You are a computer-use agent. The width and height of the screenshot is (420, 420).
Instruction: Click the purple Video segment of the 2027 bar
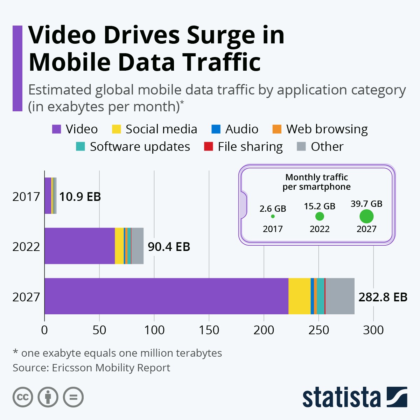coord(166,296)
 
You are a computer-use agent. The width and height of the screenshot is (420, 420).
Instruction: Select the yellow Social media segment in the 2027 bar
coord(299,296)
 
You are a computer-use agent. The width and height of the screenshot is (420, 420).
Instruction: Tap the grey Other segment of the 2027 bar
coord(340,296)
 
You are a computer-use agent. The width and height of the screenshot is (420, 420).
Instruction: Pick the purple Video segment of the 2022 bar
coord(79,246)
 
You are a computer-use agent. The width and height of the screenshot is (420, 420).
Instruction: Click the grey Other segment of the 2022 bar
coord(137,246)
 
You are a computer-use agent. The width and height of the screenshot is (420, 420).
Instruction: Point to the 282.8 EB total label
coord(383,297)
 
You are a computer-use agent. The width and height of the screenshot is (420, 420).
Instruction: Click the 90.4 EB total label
coord(169,247)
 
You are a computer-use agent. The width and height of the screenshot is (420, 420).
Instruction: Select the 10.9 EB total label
coord(80,197)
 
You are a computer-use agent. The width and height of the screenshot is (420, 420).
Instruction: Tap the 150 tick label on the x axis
coord(209,330)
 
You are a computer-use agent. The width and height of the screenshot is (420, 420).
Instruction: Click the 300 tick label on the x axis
coord(373,330)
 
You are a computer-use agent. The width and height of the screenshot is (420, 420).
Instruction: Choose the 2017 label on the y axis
coord(26,197)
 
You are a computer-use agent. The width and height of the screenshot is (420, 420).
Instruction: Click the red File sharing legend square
coord(209,147)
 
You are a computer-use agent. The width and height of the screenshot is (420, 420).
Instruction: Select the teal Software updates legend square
coord(80,147)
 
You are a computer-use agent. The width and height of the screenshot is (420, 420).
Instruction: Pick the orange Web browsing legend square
coord(277,129)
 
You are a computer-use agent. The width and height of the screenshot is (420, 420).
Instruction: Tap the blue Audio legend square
coord(216,129)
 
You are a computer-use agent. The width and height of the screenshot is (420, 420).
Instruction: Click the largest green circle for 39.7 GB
coord(366,216)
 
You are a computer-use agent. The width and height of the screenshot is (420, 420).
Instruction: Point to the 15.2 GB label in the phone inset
coord(320,206)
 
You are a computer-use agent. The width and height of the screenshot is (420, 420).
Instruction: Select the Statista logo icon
coord(397,397)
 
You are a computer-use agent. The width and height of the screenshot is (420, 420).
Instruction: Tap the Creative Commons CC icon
coord(23,397)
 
